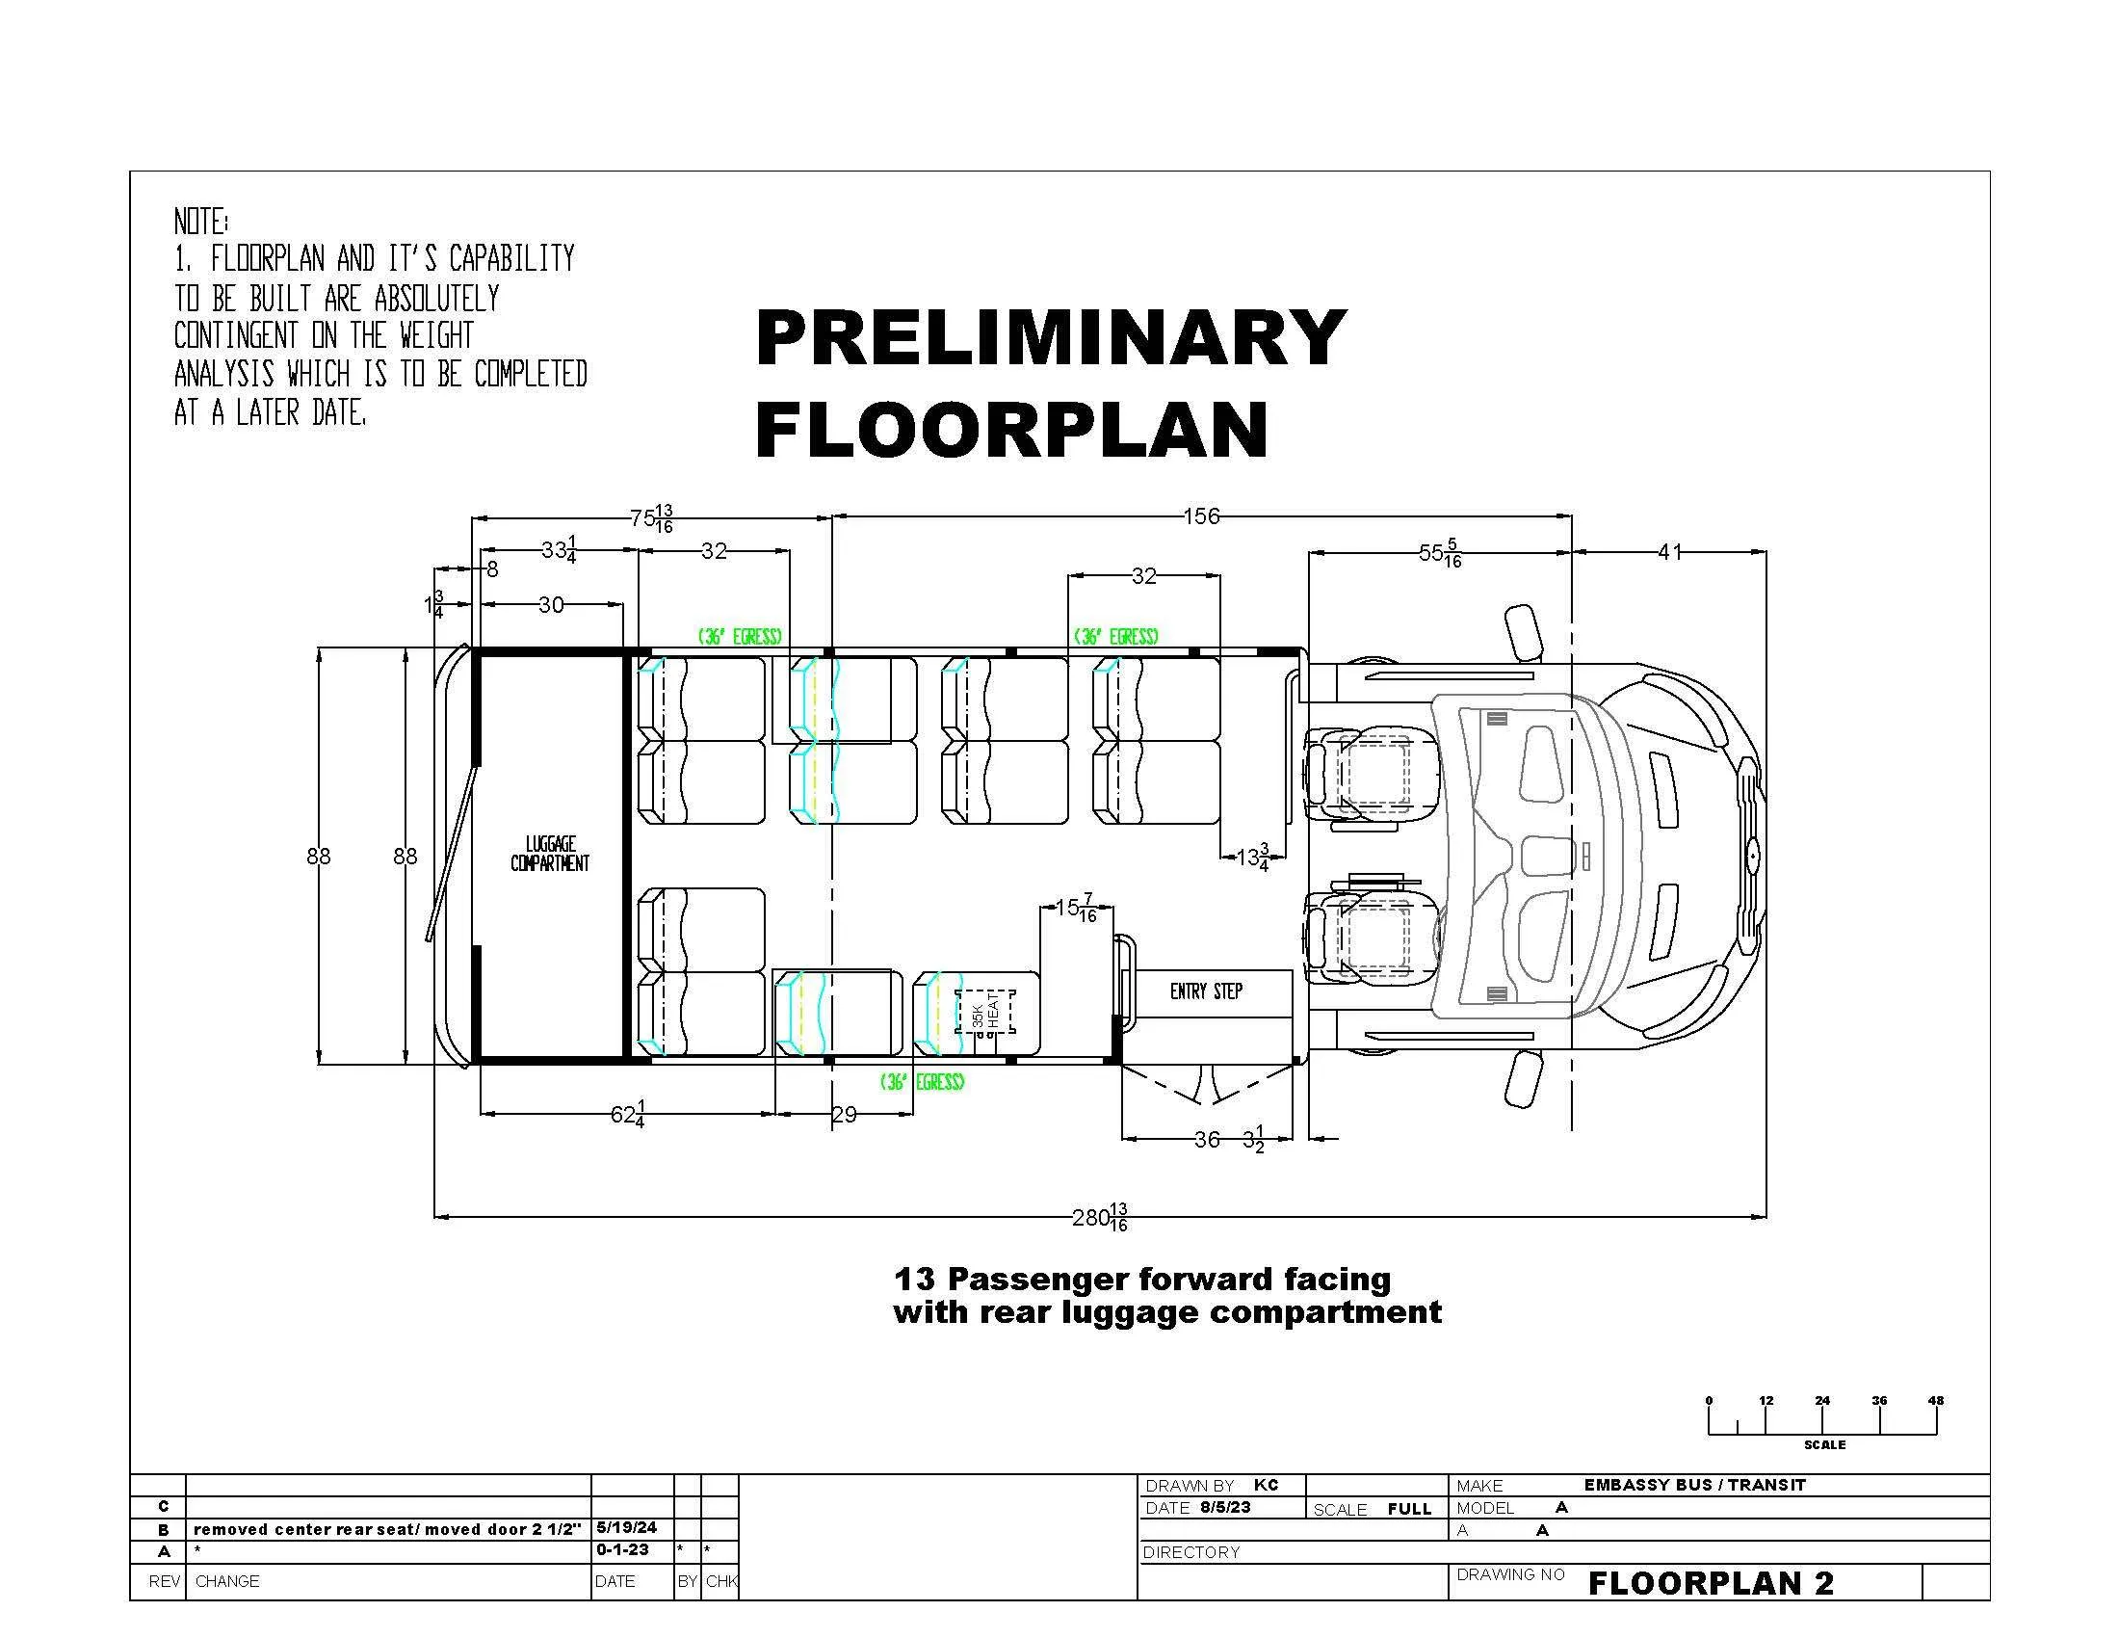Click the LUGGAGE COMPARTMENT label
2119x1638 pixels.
coord(550,854)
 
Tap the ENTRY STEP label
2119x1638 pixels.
coord(1206,991)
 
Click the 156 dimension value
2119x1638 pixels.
coord(1201,516)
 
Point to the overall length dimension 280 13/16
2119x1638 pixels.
coord(1100,1217)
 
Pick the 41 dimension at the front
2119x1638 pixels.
coord(1669,552)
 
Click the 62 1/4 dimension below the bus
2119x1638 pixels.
coord(629,1115)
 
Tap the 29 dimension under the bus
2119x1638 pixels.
coord(844,1115)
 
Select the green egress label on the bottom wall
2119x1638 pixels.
coord(922,1082)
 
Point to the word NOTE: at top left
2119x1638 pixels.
coord(201,222)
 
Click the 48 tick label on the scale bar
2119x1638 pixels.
coord(1936,1400)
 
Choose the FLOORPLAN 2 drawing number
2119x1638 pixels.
coord(1712,1584)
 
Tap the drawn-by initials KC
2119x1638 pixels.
coord(1267,1485)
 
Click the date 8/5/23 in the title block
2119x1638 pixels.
coord(1225,1507)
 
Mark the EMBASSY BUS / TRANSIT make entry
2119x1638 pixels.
coord(1695,1485)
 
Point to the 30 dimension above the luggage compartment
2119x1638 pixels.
coord(550,604)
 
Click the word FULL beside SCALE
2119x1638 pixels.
coord(1409,1509)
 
